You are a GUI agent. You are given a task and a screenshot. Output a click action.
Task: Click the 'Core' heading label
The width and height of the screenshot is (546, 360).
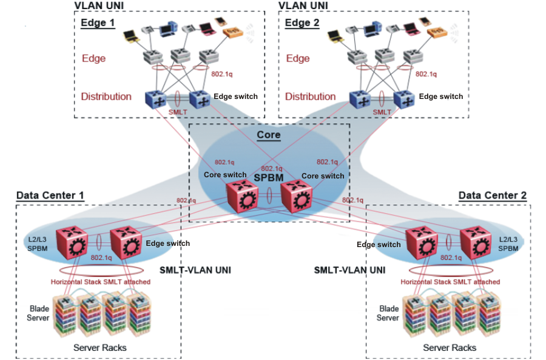pos(268,134)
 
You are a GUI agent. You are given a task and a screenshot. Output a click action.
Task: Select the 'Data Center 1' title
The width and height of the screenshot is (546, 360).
pos(50,195)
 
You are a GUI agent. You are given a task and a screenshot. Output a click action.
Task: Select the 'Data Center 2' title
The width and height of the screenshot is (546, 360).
pos(492,195)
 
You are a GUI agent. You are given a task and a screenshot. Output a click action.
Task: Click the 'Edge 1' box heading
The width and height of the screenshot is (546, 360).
pos(98,23)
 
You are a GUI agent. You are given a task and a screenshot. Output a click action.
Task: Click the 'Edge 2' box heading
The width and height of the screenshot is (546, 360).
pos(302,23)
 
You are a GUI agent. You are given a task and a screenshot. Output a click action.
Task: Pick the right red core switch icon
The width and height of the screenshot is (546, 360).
pos(296,197)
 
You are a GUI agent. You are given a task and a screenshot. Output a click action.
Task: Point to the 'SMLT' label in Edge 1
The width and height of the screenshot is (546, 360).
pos(177,112)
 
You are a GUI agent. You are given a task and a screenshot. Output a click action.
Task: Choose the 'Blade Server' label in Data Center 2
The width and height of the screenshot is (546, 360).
pos(387,313)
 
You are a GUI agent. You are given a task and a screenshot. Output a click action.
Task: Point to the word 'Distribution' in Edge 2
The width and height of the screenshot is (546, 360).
pos(311,97)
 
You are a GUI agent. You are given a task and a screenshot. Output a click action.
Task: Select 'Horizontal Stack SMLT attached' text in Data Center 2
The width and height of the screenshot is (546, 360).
pos(450,282)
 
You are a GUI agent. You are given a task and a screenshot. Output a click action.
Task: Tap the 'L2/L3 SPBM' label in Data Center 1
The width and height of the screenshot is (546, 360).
pos(37,243)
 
